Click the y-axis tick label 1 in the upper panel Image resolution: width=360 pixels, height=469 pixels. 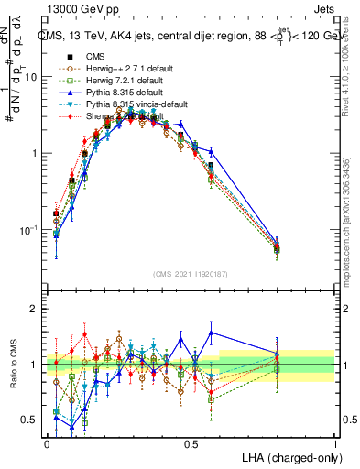coord(35,153)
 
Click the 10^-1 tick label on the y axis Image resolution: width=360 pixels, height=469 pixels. coord(30,229)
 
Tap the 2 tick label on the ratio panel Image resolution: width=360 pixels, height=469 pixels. coord(35,309)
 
